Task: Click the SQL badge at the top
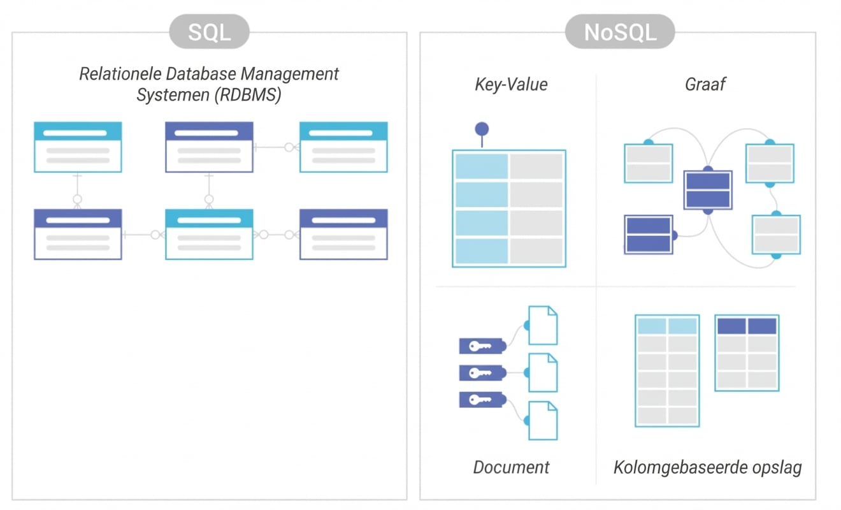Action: pos(209,32)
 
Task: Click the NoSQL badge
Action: pos(619,32)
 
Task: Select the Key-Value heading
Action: pos(511,85)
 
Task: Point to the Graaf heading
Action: pos(705,85)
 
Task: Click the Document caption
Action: pos(511,467)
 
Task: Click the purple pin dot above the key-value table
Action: pos(482,129)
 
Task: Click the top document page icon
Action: pos(543,325)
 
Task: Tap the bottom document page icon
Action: pos(543,420)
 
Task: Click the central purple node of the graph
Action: pos(707,190)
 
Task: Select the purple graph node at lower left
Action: pos(649,235)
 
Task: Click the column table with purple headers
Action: pos(747,352)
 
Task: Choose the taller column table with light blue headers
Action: pos(667,370)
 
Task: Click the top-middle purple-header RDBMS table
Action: pos(209,147)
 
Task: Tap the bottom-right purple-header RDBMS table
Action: pos(343,234)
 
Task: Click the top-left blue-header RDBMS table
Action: pos(78,147)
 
